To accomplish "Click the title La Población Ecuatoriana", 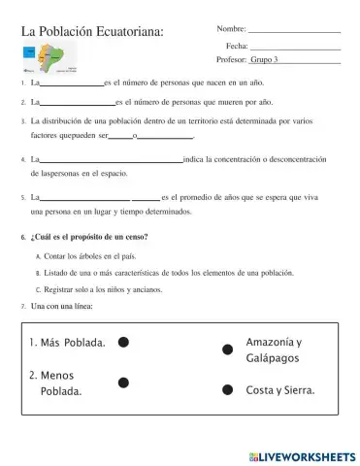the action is tap(92, 34).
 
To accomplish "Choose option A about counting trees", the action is tap(91, 255).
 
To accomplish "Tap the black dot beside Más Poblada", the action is tap(123, 342).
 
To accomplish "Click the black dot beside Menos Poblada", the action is tap(123, 382).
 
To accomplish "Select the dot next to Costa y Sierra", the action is tap(227, 390).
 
